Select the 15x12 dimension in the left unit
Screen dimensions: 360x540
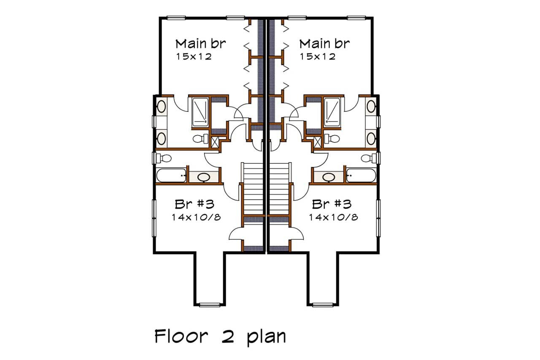pos(194,56)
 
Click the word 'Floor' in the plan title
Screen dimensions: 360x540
pos(181,337)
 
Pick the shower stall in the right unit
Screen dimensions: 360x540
pos(333,112)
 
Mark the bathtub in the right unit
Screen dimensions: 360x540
pos(361,176)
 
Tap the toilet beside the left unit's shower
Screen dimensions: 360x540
pos(200,138)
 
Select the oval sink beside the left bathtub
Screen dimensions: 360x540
pos(204,177)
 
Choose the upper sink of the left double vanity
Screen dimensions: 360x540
pos(161,106)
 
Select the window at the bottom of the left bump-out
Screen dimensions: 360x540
pos(210,304)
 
